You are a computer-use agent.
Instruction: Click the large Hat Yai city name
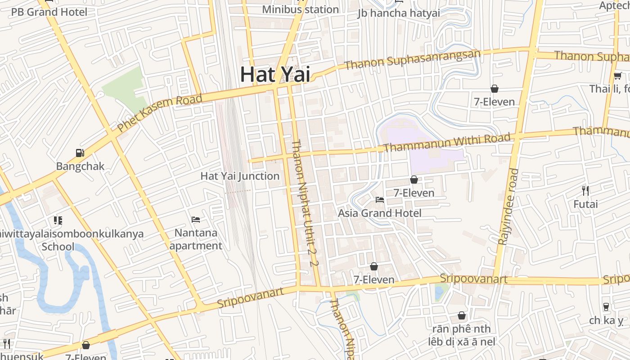click(275, 74)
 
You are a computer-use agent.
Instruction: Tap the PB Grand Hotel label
click(49, 12)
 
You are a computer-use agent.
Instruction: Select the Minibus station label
click(300, 9)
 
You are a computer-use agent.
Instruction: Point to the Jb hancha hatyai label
click(399, 13)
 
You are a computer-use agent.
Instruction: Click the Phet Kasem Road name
click(160, 113)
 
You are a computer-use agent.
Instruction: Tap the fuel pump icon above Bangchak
click(80, 153)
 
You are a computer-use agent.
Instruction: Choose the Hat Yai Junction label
click(240, 176)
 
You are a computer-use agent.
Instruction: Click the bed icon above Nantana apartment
click(196, 220)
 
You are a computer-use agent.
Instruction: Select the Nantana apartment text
click(196, 239)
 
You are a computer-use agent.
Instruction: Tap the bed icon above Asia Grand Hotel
click(380, 199)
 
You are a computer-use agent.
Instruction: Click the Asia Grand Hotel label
click(380, 213)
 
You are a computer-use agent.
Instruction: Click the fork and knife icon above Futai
click(585, 191)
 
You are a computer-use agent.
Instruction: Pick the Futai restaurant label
click(585, 204)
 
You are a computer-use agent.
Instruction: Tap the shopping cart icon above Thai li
click(618, 76)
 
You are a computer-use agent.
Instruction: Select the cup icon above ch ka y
click(606, 307)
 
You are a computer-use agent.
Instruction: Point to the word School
click(58, 247)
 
